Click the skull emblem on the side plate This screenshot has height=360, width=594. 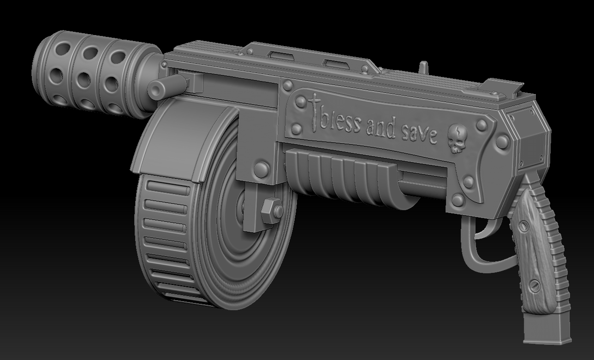457,138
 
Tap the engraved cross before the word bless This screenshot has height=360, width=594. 315,112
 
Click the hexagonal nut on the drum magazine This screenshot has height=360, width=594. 272,210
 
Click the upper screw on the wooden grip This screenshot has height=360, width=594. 524,226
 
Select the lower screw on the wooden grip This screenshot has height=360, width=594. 535,286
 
